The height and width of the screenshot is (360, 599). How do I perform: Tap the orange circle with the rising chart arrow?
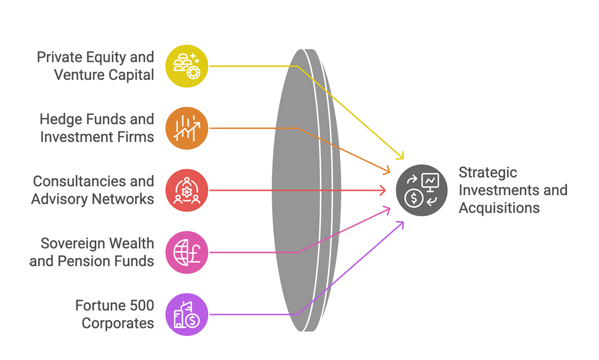pos(185,127)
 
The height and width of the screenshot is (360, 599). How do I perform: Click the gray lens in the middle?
pos(302,190)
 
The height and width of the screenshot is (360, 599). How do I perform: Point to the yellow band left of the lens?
pos(240,70)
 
